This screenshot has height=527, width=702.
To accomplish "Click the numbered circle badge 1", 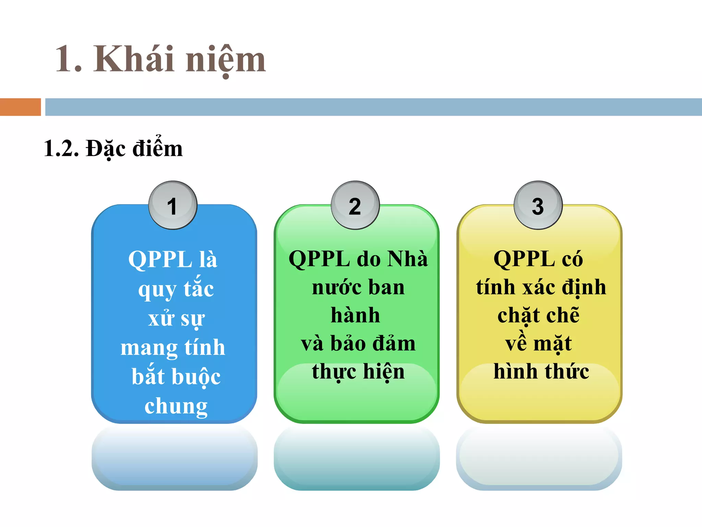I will (173, 205).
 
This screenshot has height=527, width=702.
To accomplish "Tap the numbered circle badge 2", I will (355, 205).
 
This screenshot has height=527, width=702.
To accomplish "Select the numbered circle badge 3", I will (538, 205).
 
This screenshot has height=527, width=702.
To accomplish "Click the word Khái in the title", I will (134, 59).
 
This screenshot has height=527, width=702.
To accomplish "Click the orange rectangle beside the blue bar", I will (20, 107).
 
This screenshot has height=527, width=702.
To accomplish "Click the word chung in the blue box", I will (176, 406).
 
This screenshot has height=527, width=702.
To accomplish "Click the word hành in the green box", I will (355, 315).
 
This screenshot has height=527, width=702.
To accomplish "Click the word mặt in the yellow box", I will (553, 343).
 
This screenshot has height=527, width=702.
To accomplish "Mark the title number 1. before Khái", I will (69, 59).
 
